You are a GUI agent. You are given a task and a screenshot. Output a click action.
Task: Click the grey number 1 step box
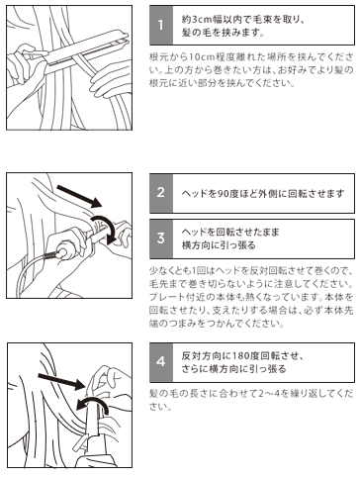point(161,26)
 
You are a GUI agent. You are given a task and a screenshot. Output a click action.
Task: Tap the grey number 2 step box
point(161,193)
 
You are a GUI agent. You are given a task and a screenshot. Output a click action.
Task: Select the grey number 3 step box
point(161,239)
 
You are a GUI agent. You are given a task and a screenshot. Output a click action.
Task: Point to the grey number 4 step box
point(161,362)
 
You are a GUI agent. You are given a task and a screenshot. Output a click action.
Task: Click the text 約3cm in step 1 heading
point(197,20)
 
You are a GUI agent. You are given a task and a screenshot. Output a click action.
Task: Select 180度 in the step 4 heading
point(246,356)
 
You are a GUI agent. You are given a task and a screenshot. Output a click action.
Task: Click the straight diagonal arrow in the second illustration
point(79,196)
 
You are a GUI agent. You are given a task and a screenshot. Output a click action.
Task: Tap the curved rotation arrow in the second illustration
point(105,228)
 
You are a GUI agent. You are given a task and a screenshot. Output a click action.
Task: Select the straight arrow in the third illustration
point(61,381)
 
